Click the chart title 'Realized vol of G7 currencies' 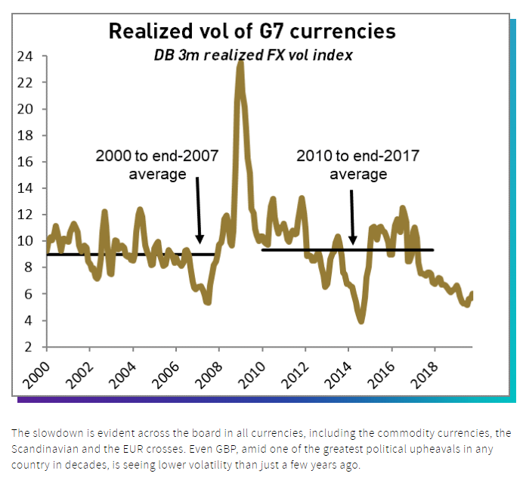click(252, 32)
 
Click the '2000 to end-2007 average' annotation click(156, 165)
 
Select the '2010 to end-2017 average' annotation click(357, 165)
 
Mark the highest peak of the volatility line click(240, 62)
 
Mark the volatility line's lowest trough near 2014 click(361, 321)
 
